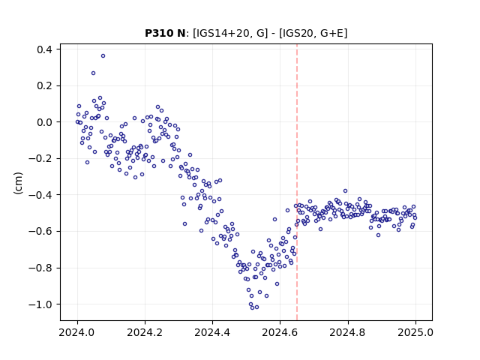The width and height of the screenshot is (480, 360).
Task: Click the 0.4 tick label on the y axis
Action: (x=44, y=49)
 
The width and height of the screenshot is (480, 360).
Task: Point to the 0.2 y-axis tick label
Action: (x=44, y=85)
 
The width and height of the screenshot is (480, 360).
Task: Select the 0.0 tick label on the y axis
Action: (x=44, y=122)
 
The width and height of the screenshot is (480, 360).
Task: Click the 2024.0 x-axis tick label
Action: (x=77, y=332)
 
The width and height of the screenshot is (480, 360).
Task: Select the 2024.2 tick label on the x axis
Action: (x=145, y=332)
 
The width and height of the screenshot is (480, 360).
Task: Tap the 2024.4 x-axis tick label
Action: (x=212, y=332)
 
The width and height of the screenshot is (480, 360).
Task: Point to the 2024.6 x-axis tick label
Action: (x=280, y=332)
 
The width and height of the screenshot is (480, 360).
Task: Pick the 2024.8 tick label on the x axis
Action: (x=348, y=332)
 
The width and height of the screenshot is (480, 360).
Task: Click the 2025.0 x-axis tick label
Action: (x=415, y=332)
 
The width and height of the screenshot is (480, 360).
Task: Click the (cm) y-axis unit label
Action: (x=18, y=183)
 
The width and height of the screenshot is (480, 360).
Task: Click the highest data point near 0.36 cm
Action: (x=103, y=56)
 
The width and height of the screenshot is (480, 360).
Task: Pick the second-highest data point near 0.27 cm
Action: (x=93, y=73)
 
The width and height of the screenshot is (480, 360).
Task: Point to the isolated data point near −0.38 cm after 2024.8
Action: (x=345, y=191)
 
